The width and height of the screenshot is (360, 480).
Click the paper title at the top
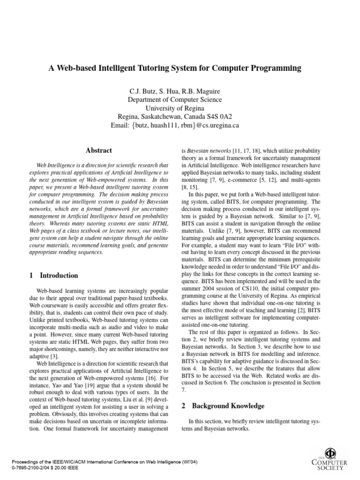point(175,68)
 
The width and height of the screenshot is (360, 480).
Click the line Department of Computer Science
point(175,99)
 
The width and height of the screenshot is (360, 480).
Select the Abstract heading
point(99,150)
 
